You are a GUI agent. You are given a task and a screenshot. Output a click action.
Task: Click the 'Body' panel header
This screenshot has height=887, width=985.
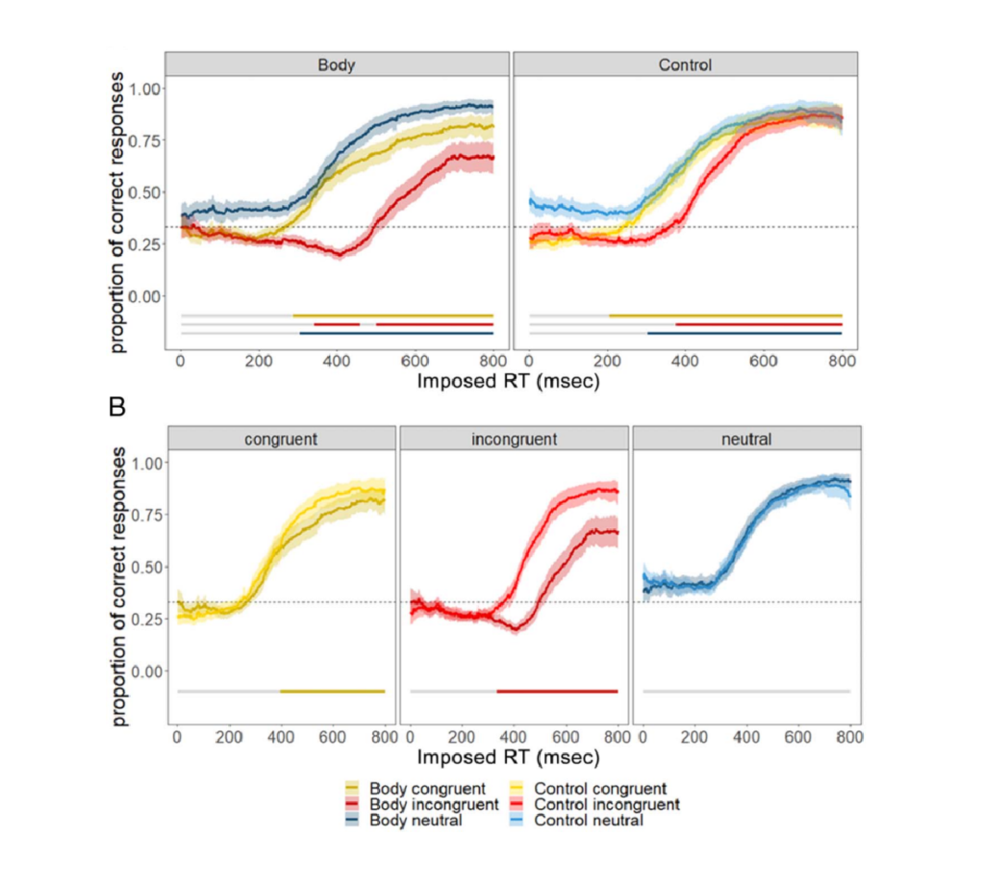(337, 65)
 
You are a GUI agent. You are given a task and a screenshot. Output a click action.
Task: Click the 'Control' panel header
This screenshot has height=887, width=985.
(685, 65)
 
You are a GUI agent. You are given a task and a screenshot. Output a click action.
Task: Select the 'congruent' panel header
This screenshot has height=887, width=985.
(282, 440)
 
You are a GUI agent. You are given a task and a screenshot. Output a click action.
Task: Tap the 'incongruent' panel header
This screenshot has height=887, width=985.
(514, 440)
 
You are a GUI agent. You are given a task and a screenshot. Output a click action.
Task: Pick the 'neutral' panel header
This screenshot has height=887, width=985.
(746, 440)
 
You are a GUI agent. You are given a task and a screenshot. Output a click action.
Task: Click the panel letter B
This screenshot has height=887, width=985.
(117, 407)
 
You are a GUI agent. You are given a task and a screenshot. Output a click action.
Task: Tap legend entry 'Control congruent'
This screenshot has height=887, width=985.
(599, 789)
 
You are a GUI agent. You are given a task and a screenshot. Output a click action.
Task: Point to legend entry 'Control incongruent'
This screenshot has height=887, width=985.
(606, 804)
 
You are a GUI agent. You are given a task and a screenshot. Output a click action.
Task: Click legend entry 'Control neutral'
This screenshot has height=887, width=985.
(588, 820)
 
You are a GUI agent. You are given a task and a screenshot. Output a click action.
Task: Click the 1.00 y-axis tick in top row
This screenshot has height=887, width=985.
(147, 89)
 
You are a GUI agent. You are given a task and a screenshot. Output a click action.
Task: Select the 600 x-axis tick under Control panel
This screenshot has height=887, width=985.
(764, 361)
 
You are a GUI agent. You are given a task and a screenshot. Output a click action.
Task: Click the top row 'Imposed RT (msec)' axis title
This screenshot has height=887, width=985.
(509, 382)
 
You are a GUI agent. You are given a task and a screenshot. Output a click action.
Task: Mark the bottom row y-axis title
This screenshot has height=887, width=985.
(119, 590)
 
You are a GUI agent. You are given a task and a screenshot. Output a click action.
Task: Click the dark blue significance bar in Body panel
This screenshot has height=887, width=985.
(396, 334)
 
